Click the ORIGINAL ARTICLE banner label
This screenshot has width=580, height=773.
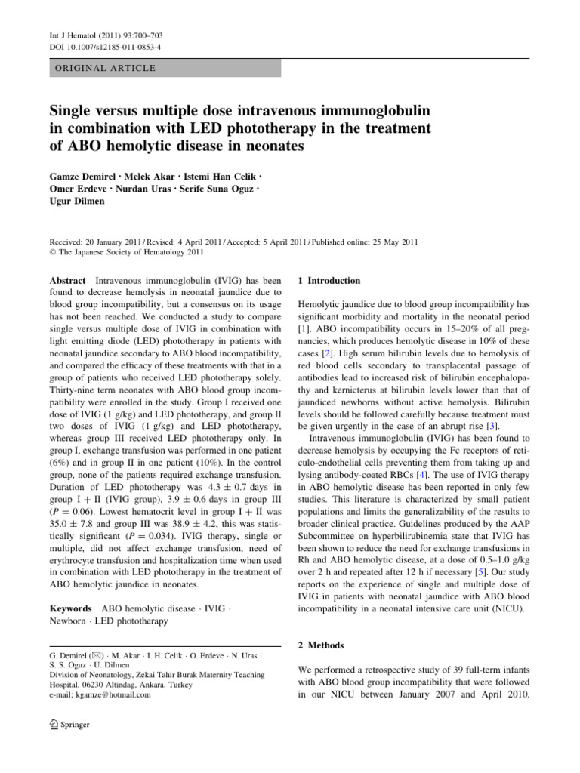point(102,68)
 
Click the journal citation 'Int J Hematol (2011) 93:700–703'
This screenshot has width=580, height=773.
point(89,34)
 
